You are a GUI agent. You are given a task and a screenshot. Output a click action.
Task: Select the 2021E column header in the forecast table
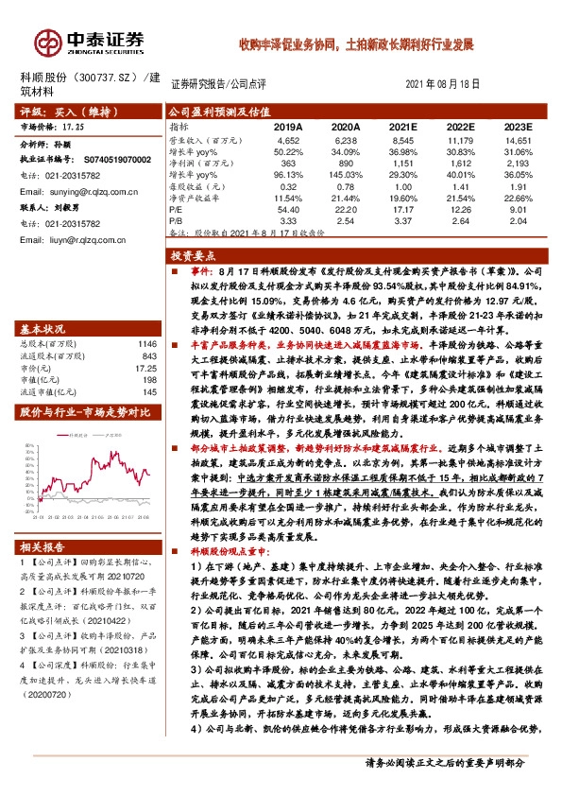(x=402, y=126)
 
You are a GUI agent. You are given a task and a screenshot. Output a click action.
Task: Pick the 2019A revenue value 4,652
(x=289, y=139)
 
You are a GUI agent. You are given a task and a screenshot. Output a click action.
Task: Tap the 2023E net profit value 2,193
(x=519, y=163)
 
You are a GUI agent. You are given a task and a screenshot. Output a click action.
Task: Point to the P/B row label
(x=176, y=221)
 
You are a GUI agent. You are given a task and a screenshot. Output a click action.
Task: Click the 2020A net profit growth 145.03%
(x=346, y=174)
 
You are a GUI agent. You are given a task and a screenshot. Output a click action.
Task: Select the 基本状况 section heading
(x=45, y=329)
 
